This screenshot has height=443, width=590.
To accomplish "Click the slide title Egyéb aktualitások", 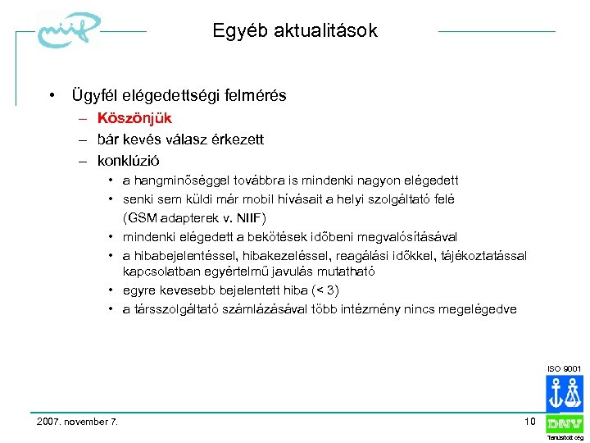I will (x=295, y=31).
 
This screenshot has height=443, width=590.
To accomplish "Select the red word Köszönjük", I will (x=134, y=118).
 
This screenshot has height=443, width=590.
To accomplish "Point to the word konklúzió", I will (x=129, y=161).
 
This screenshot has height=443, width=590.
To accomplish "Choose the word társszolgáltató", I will (x=172, y=309).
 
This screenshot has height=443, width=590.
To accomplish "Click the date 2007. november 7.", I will (x=78, y=422).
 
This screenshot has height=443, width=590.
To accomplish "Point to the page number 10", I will (x=529, y=421).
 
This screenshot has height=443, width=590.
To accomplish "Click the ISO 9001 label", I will (x=565, y=370).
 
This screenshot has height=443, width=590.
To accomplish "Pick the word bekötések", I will (x=277, y=236).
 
